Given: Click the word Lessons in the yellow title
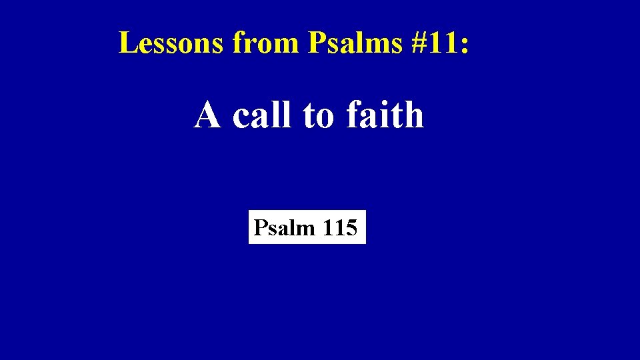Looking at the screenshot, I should point(172,43).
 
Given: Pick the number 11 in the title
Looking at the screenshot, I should point(441,43).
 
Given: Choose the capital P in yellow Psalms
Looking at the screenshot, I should point(315,43).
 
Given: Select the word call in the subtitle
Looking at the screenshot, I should point(263,115).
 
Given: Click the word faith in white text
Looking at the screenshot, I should point(385,115).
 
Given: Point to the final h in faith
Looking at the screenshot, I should point(414,115).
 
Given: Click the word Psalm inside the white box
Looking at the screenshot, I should point(285,228).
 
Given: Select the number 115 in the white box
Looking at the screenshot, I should point(340,228).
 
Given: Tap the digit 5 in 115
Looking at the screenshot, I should point(351,228).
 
